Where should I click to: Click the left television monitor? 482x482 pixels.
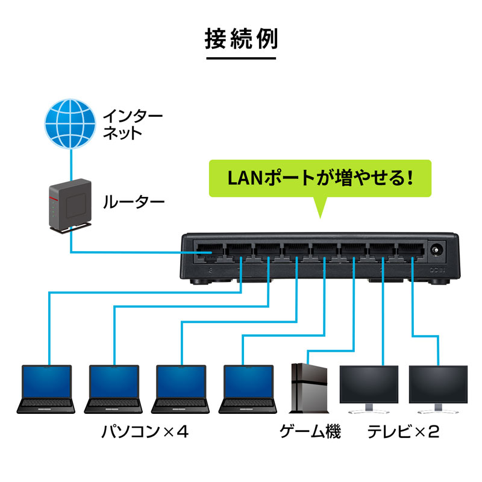click(369, 387)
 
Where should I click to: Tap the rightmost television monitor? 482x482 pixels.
click(437, 387)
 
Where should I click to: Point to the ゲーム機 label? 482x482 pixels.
click(310, 433)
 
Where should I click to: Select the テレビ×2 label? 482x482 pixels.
click(404, 433)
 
